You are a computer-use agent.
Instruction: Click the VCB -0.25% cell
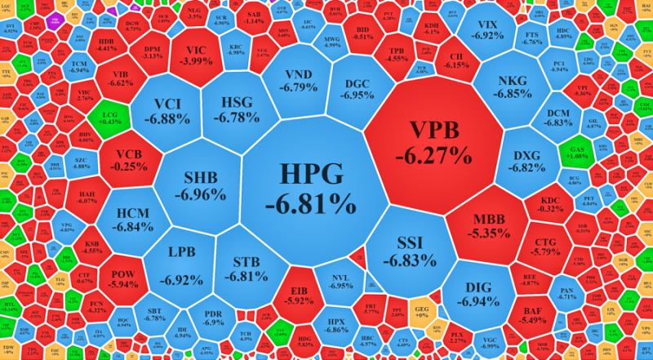click(x=129, y=160)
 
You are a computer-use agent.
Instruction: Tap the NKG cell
click(x=513, y=87)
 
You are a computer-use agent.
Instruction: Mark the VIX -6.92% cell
click(x=487, y=30)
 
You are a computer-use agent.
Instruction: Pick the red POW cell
click(x=122, y=278)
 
